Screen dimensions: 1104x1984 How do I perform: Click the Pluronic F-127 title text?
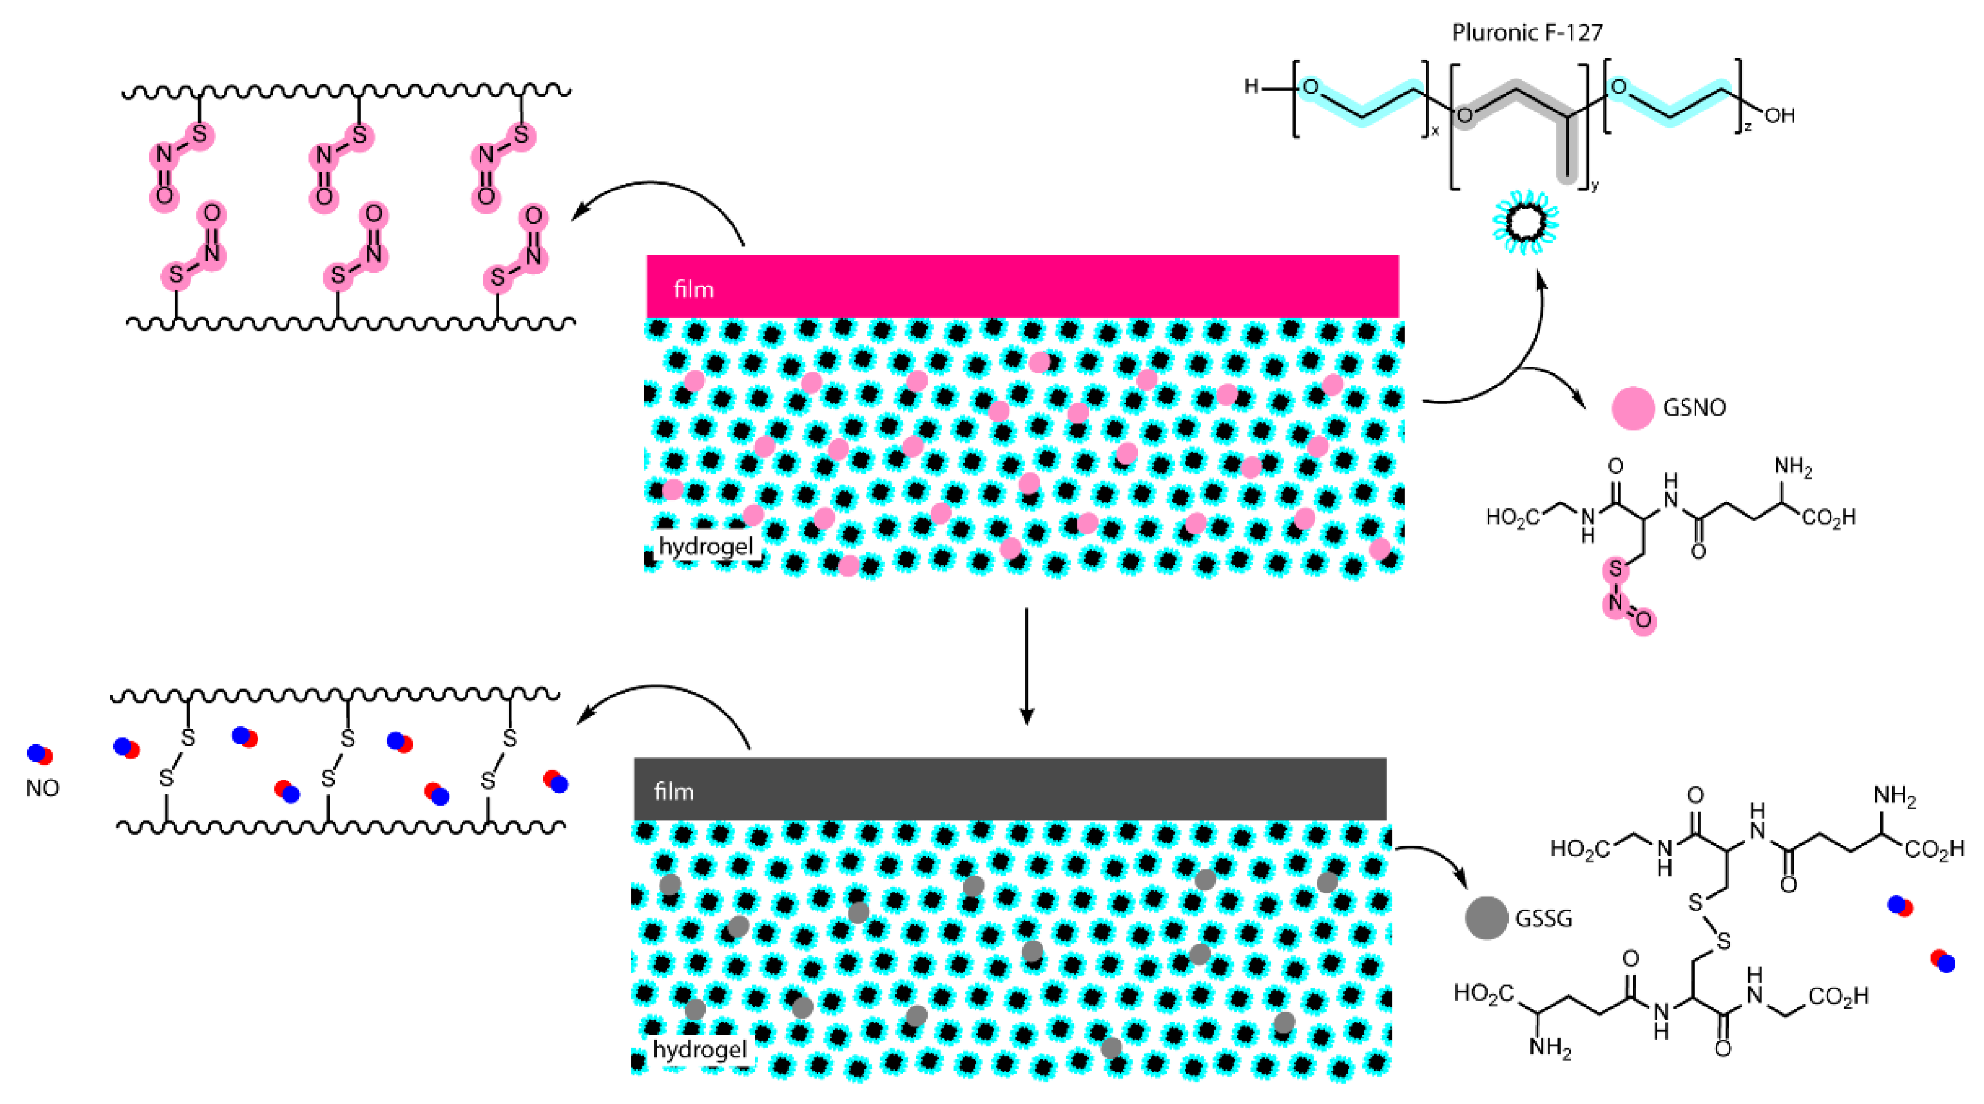click(x=1526, y=32)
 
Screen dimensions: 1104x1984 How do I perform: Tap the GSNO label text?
click(x=1693, y=407)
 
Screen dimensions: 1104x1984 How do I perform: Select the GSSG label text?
click(x=1543, y=919)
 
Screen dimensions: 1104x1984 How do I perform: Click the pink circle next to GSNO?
click(x=1633, y=407)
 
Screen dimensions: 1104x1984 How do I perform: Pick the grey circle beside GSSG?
click(x=1486, y=919)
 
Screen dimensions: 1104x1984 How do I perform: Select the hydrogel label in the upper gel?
click(x=706, y=546)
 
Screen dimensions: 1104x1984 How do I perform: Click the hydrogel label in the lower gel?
click(x=699, y=1049)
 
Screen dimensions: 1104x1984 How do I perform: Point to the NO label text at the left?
click(x=42, y=788)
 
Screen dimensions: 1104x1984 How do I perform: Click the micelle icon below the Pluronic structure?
click(x=1526, y=222)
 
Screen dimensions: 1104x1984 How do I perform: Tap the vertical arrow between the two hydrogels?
click(x=1027, y=666)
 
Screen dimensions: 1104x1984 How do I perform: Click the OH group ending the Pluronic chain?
click(x=1780, y=116)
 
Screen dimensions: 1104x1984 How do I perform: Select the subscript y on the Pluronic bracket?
click(x=1594, y=185)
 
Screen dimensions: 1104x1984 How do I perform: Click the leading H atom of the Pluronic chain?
click(x=1252, y=87)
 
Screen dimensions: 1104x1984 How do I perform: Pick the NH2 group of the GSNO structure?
click(x=1793, y=466)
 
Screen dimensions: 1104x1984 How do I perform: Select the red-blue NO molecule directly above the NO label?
click(x=40, y=754)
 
